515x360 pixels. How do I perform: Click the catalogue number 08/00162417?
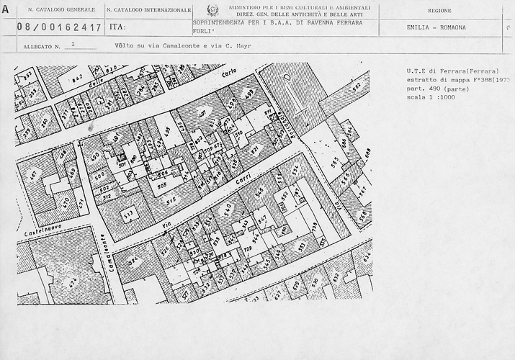[x=60, y=27]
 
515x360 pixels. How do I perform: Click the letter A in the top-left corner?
[x=6, y=9]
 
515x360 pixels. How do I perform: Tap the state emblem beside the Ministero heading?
[x=212, y=10]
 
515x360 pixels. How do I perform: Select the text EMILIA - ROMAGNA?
[x=431, y=27]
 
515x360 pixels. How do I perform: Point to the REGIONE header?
[x=439, y=12]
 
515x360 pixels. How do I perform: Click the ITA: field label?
[x=117, y=27]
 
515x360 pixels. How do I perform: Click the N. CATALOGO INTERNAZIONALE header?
[x=148, y=11]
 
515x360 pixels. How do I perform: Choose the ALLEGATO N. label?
[x=42, y=46]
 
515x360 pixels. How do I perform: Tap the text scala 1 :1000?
[x=431, y=97]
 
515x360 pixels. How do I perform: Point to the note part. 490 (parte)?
[x=437, y=89]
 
